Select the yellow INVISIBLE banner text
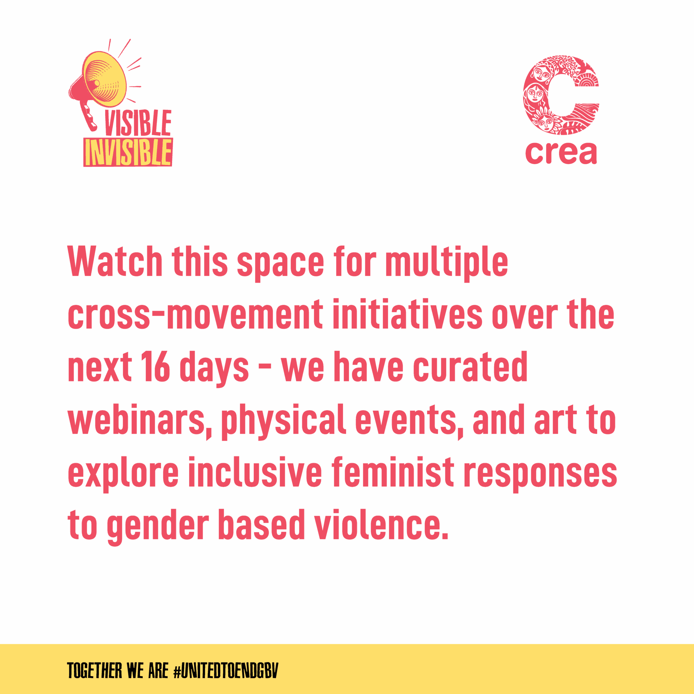pos(128,152)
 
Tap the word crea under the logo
pos(561,153)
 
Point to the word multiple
pos(447,264)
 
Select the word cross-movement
pos(196,315)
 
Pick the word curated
pos(470,366)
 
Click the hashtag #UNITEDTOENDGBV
pos(226,670)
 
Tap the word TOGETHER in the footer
pos(95,670)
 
